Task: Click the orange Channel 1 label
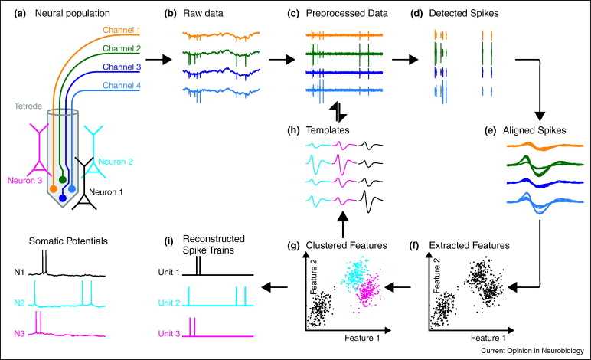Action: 122,30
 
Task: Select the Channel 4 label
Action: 122,86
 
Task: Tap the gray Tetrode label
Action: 28,106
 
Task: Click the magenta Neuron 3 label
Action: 24,181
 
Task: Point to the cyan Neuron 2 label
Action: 116,162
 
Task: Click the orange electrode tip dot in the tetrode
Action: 54,188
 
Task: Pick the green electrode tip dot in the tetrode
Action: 63,179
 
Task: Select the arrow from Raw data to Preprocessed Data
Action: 282,60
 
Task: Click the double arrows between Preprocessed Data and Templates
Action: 338,112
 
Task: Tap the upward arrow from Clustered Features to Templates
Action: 343,224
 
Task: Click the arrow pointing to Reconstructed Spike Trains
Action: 274,288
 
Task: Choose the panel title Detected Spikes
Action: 464,14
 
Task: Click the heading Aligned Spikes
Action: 534,131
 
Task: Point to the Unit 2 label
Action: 169,303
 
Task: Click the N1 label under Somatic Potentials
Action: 19,272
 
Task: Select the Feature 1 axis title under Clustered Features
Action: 362,338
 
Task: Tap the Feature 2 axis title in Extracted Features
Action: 436,276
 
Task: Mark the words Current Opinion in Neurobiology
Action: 532,351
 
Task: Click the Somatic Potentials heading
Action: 68,241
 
